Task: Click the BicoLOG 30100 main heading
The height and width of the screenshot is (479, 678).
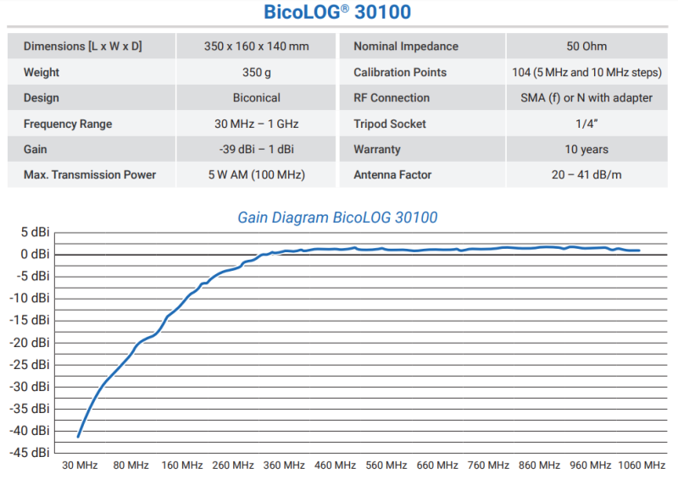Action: tap(337, 14)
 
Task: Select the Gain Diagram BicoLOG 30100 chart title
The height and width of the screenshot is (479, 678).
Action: tap(337, 217)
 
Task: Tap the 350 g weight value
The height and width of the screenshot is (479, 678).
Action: tap(257, 73)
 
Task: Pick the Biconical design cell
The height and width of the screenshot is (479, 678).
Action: tap(257, 98)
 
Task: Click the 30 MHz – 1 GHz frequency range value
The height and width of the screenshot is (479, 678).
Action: tap(257, 124)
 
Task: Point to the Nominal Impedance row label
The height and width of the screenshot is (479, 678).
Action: tap(406, 47)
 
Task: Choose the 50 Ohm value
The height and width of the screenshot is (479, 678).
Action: tap(586, 47)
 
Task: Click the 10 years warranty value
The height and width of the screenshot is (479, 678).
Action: tap(586, 150)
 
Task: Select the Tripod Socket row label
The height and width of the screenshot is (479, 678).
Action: tap(390, 124)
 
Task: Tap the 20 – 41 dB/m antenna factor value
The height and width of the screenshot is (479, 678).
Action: tap(586, 175)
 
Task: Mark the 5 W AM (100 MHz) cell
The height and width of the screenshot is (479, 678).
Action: tap(257, 175)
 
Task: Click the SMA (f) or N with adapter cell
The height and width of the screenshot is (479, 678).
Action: tap(586, 98)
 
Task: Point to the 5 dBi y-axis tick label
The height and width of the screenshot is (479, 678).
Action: tap(35, 232)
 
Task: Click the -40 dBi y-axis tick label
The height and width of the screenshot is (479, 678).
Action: tap(31, 431)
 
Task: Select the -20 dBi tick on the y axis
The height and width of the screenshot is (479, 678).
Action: tap(31, 342)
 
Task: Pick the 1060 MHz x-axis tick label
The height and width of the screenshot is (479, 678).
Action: tap(641, 465)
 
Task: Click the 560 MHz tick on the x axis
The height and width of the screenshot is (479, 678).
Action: tap(386, 465)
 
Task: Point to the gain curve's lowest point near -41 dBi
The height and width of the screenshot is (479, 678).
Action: tap(78, 437)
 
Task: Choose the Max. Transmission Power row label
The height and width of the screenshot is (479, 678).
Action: tap(90, 175)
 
